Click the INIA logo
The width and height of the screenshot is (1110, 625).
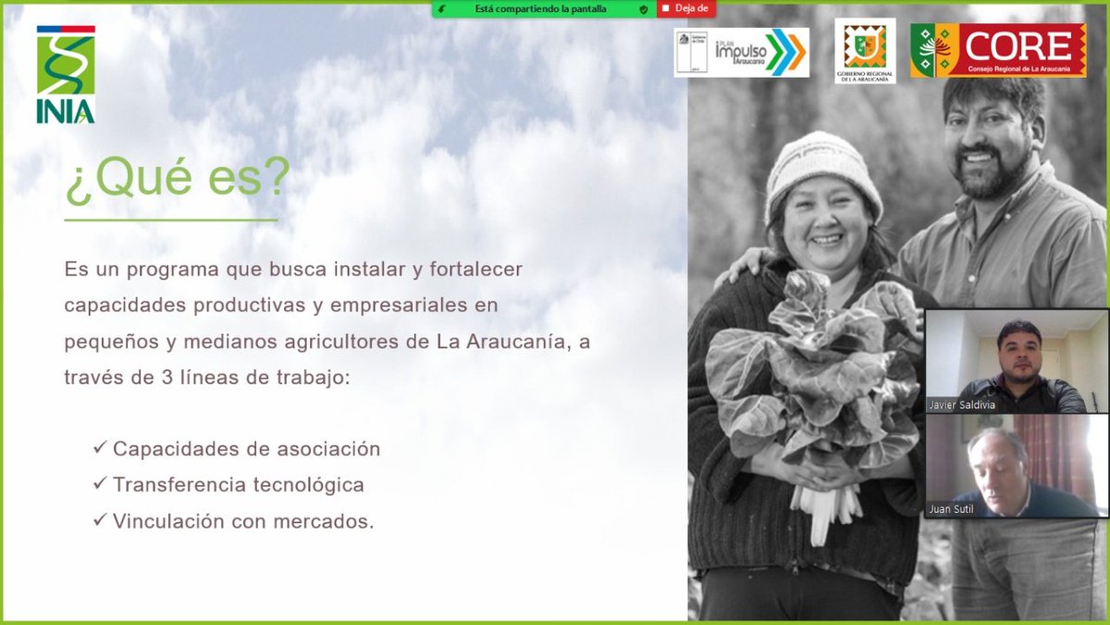pyautogui.click(x=65, y=74)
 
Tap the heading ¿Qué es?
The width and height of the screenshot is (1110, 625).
pyautogui.click(x=176, y=180)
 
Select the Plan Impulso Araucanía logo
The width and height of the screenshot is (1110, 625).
pyautogui.click(x=742, y=52)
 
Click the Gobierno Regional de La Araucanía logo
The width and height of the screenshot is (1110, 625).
pyautogui.click(x=865, y=51)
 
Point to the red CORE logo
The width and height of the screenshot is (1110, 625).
pyautogui.click(x=998, y=50)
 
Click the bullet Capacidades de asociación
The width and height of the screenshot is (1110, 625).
pyautogui.click(x=246, y=449)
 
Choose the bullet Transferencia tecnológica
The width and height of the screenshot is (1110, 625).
pyautogui.click(x=238, y=485)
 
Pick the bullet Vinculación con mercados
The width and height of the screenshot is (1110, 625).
pyautogui.click(x=243, y=521)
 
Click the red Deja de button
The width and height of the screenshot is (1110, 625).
pyautogui.click(x=685, y=9)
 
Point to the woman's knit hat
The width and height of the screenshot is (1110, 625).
pyautogui.click(x=820, y=167)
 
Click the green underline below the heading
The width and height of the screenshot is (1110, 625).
pyautogui.click(x=171, y=220)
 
